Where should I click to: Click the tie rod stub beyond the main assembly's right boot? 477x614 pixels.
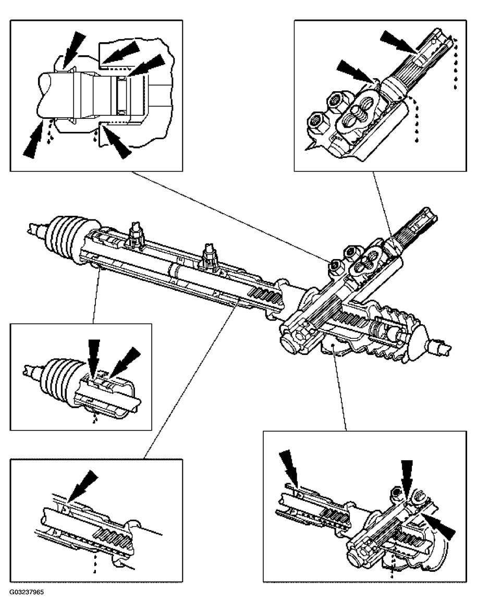point(438,346)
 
